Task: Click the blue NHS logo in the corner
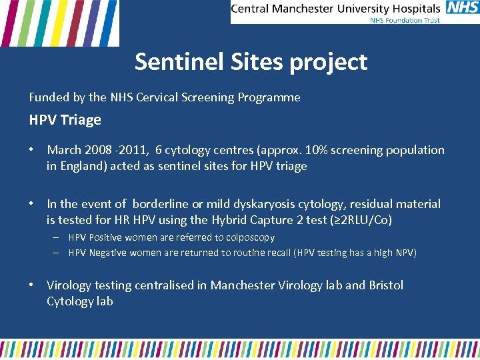(x=463, y=8)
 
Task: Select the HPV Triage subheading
(x=65, y=120)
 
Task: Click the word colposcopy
(x=251, y=237)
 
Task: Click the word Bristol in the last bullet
(x=386, y=285)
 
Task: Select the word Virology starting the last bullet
(x=69, y=285)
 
